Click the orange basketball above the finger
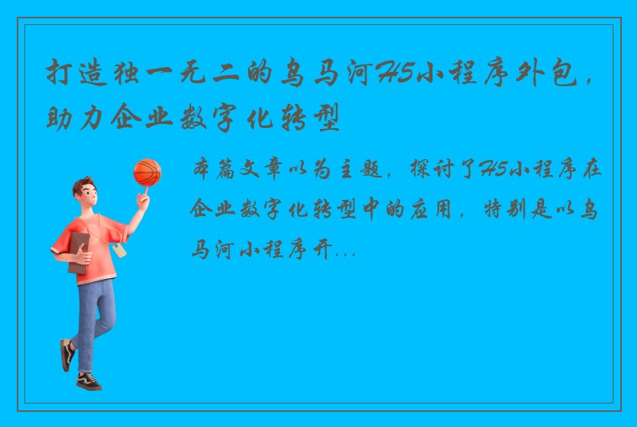(x=147, y=172)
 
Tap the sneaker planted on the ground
(x=88, y=381)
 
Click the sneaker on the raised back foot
(x=66, y=354)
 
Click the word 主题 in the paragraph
(x=361, y=170)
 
